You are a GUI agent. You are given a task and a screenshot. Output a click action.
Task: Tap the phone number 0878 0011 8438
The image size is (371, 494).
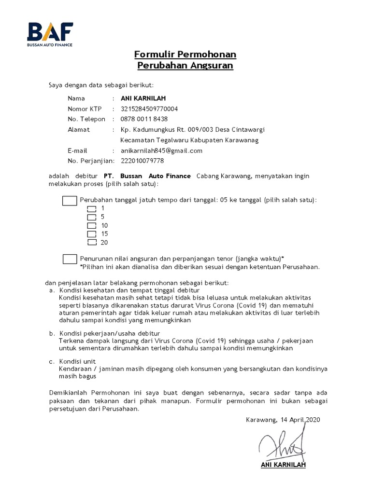[144, 119]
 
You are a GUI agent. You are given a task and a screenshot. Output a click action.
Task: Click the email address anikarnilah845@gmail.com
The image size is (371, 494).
[161, 151]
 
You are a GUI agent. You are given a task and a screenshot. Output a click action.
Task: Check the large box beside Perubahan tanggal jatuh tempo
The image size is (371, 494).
[70, 200]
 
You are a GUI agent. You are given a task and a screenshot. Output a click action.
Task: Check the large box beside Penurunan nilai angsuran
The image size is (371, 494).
[70, 259]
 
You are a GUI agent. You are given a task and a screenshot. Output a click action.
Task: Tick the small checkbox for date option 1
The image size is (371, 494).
[92, 208]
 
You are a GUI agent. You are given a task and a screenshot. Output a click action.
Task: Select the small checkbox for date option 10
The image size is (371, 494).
[92, 225]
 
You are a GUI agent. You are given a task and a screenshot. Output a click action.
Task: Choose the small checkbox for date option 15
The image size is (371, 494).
[92, 234]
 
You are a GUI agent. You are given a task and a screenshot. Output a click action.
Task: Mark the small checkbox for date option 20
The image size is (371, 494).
[92, 242]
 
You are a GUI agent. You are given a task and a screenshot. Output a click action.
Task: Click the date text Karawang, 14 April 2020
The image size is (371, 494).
[283, 420]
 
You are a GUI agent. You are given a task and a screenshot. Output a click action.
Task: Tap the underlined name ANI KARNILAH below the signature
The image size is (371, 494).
[283, 465]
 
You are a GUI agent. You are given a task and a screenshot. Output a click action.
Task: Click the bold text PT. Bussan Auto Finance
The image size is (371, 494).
[147, 176]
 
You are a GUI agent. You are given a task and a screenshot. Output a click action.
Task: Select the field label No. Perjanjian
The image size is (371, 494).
[90, 161]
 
